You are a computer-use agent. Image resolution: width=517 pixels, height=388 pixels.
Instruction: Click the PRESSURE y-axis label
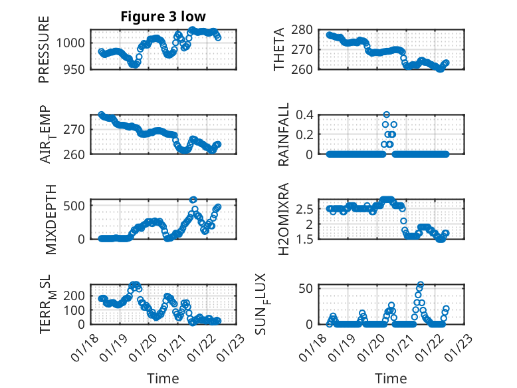(x=45, y=53)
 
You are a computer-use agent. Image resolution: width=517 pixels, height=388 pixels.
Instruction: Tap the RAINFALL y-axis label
(x=282, y=134)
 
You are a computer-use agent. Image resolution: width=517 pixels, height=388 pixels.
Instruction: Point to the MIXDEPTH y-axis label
(x=51, y=219)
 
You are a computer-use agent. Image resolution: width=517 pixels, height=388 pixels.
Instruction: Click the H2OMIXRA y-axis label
(x=282, y=219)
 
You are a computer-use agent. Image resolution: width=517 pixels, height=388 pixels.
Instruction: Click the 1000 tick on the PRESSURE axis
(x=72, y=43)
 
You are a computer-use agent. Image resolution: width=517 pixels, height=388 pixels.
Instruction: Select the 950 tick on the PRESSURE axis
(x=76, y=69)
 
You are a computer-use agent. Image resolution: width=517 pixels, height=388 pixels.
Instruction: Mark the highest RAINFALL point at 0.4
(x=387, y=114)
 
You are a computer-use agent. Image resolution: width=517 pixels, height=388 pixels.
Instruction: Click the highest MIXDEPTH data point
(x=193, y=200)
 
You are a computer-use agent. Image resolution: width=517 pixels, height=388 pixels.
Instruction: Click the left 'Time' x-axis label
(x=163, y=378)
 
